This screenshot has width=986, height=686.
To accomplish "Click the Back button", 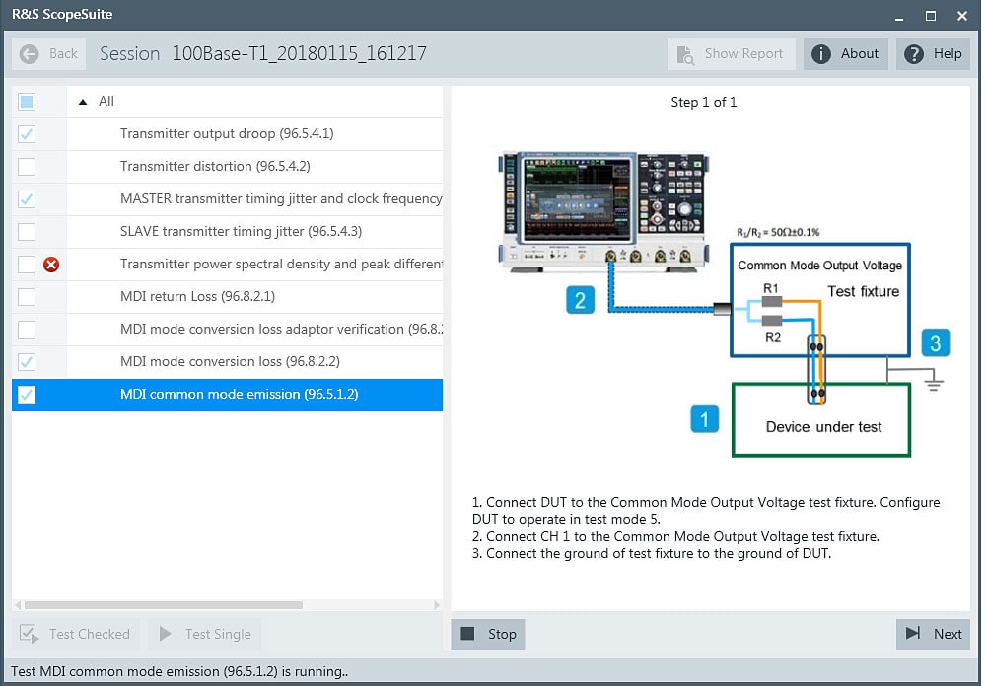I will pos(49,54).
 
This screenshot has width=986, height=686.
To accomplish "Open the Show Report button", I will pos(731,54).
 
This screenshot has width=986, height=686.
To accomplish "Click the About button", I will pos(846,54).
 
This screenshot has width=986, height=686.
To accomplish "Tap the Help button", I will pos(934,54).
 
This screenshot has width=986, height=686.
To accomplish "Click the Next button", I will pos(933,634).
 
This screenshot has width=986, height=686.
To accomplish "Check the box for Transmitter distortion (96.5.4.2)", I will pos(27,166).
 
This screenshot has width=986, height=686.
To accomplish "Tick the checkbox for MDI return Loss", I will pos(27,296).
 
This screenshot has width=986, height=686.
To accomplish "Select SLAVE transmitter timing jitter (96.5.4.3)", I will pos(241,231).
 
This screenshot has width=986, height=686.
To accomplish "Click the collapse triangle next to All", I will pos(82,101).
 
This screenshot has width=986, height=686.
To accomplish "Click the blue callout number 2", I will pos(580,300).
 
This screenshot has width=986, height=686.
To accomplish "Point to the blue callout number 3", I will pos(936,343).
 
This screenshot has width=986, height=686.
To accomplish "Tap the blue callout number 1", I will pos(704,419).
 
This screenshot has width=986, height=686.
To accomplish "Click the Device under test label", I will pos(823,427).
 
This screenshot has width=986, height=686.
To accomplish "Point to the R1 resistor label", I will pos(772,288).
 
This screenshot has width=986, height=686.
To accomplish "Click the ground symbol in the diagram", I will pos(934,382).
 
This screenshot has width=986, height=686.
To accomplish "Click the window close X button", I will pos(961,16).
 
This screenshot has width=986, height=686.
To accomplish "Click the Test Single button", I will pos(206,634).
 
